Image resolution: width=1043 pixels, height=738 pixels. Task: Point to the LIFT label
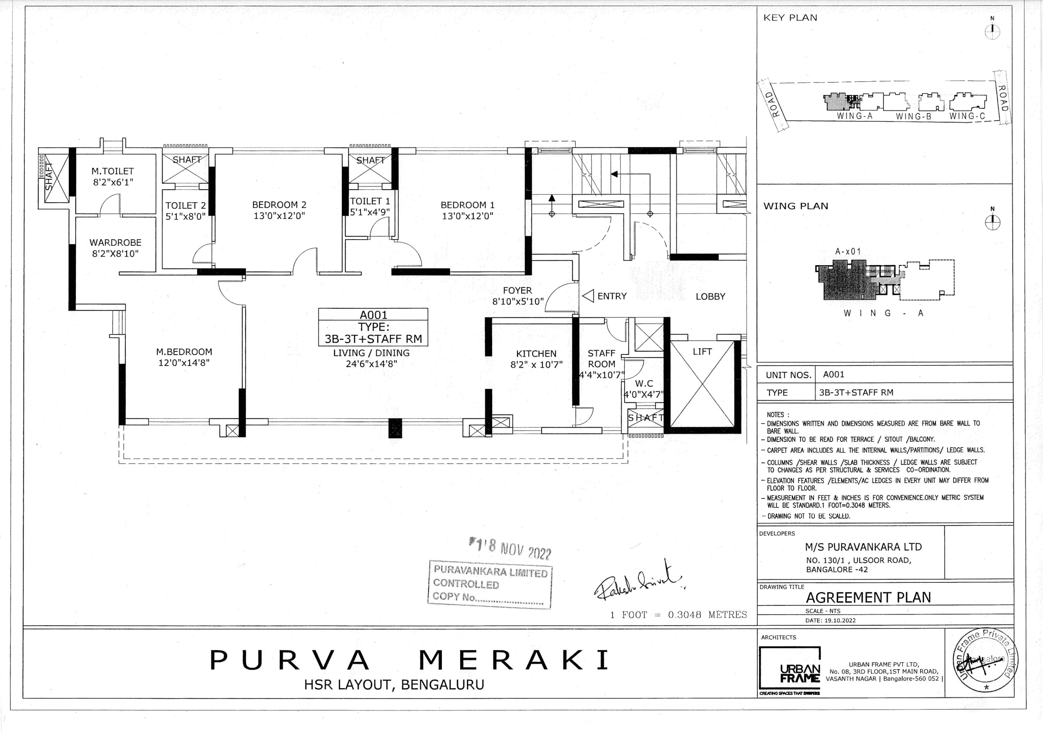tap(702, 352)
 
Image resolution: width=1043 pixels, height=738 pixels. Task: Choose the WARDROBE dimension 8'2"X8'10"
tap(115, 254)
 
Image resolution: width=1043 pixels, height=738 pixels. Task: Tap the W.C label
tap(644, 383)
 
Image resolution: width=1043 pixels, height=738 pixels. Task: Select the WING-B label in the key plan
tap(913, 117)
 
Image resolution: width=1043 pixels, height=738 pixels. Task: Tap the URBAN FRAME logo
tap(790, 669)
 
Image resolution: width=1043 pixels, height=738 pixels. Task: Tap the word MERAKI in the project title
tap(513, 660)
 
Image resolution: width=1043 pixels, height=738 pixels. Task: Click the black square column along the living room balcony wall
tap(395, 428)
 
